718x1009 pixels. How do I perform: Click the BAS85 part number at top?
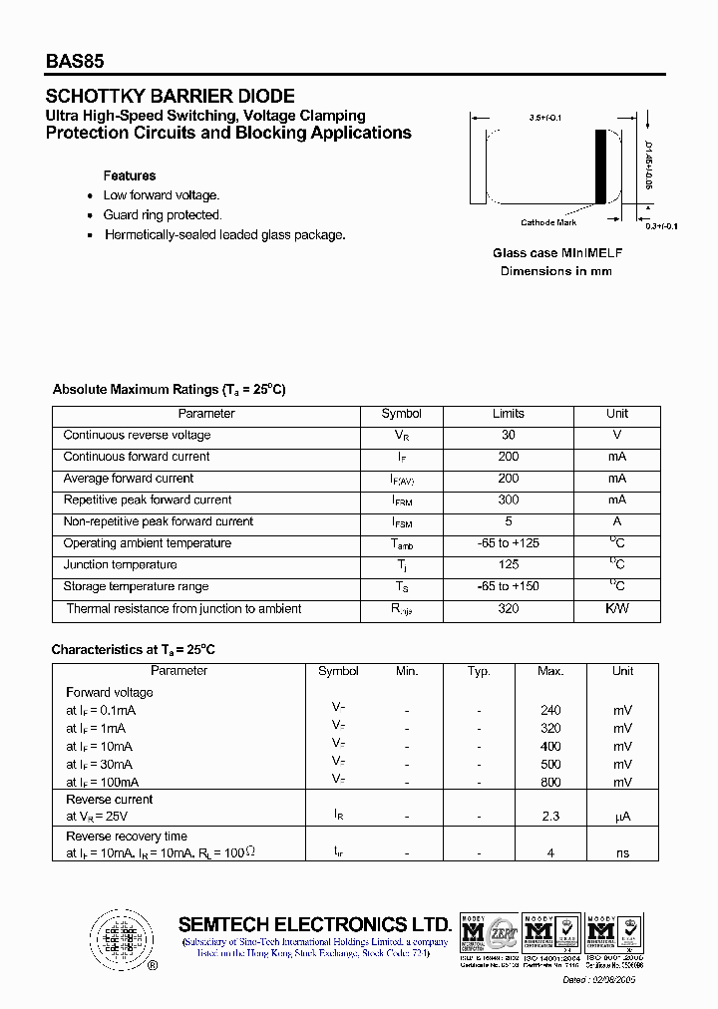[x=75, y=61]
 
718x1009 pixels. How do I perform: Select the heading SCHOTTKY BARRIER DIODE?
[x=171, y=97]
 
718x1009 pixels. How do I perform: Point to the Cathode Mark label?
[x=548, y=223]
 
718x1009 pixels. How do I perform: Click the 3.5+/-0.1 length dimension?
[x=545, y=118]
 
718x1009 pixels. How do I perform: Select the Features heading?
[x=130, y=175]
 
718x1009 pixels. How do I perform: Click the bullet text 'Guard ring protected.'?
[x=163, y=215]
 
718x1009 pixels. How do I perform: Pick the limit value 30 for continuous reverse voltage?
[x=509, y=435]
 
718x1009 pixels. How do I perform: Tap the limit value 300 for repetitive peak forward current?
[x=509, y=500]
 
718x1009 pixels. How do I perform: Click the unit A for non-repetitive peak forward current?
[x=617, y=521]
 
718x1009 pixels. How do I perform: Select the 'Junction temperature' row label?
[x=120, y=565]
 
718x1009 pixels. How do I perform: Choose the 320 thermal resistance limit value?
[x=509, y=608]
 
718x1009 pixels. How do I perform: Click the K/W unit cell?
[x=617, y=608]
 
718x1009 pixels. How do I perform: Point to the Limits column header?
[x=509, y=414]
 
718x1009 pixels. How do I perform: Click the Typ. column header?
[x=479, y=671]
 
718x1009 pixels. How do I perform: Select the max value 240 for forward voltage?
[x=550, y=710]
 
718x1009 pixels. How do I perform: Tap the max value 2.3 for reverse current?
[x=550, y=817]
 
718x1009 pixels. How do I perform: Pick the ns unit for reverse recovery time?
[x=622, y=853]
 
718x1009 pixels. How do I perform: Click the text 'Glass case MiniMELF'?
[x=556, y=253]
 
